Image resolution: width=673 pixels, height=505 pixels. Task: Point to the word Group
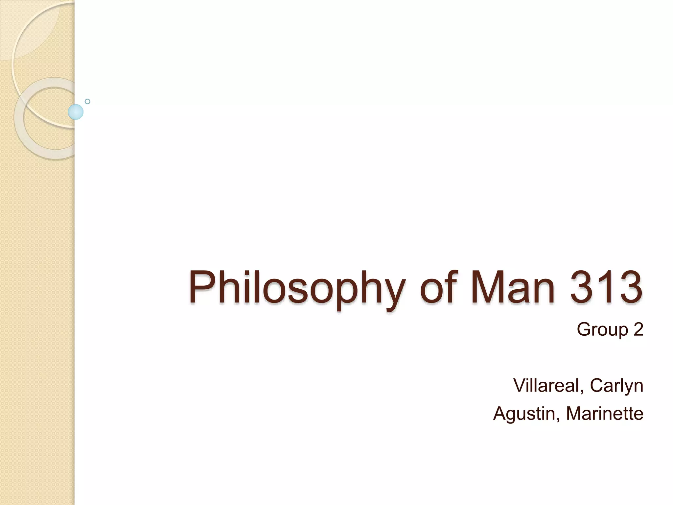[602, 330]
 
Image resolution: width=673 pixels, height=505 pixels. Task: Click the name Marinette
[605, 413]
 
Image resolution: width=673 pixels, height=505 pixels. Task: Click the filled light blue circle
[76, 112]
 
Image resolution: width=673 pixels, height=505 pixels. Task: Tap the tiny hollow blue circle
[87, 102]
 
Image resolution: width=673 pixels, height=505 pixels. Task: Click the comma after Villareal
[582, 391]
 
